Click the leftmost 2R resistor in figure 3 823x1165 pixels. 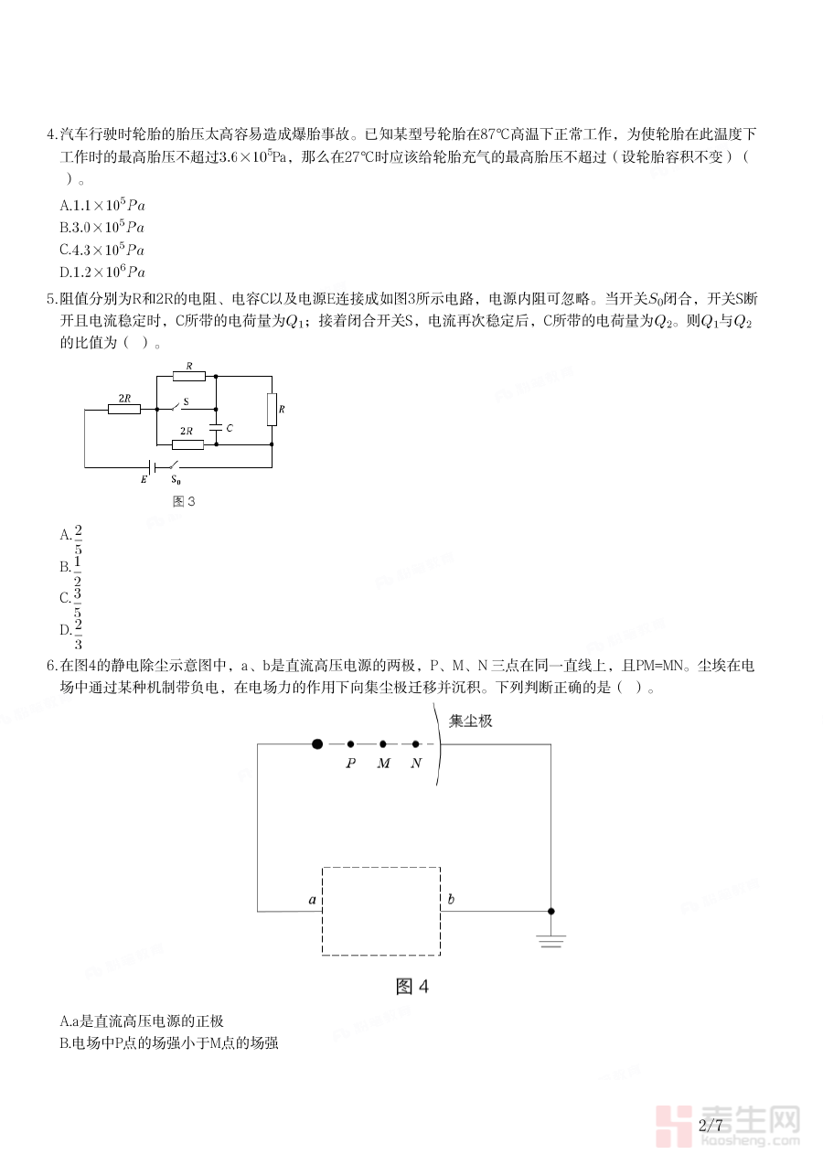click(x=123, y=409)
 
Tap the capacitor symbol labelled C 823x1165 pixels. click(x=216, y=427)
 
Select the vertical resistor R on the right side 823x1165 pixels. click(x=272, y=410)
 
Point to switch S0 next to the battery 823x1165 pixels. click(x=174, y=465)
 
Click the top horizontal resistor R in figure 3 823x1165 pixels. click(x=188, y=375)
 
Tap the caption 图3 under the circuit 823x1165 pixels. click(x=184, y=501)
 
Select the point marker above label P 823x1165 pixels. click(x=350, y=744)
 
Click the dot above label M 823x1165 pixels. click(x=383, y=744)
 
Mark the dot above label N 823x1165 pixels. click(x=416, y=744)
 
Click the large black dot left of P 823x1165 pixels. click(x=316, y=744)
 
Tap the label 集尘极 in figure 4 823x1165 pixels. click(x=470, y=721)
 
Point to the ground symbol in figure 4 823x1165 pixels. click(x=550, y=940)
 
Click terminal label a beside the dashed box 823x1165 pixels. click(x=313, y=901)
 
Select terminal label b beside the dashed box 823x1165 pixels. click(x=450, y=900)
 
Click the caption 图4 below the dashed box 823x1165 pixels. click(x=411, y=987)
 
